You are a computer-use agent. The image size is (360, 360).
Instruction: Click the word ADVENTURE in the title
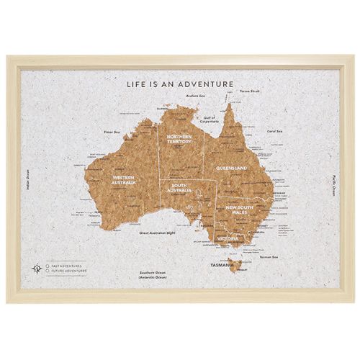tap(207, 84)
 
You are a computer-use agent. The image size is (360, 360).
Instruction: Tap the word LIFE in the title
tap(137, 84)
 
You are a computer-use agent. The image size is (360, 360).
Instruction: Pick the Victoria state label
tap(228, 237)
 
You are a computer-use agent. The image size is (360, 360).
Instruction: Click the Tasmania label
tap(221, 265)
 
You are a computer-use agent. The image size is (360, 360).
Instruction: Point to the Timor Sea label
tap(111, 132)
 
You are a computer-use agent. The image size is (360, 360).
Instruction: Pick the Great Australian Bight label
tap(157, 233)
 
